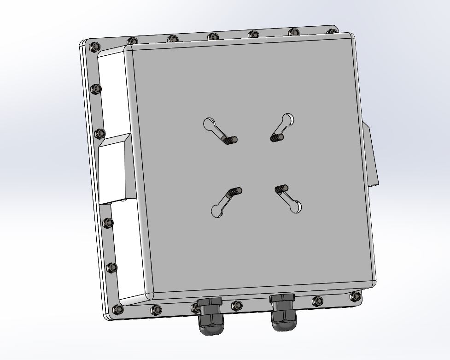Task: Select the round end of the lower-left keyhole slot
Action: point(216,211)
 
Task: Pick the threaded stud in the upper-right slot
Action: point(277,137)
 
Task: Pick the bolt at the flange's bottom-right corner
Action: point(355,295)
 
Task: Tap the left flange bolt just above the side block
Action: point(99,134)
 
